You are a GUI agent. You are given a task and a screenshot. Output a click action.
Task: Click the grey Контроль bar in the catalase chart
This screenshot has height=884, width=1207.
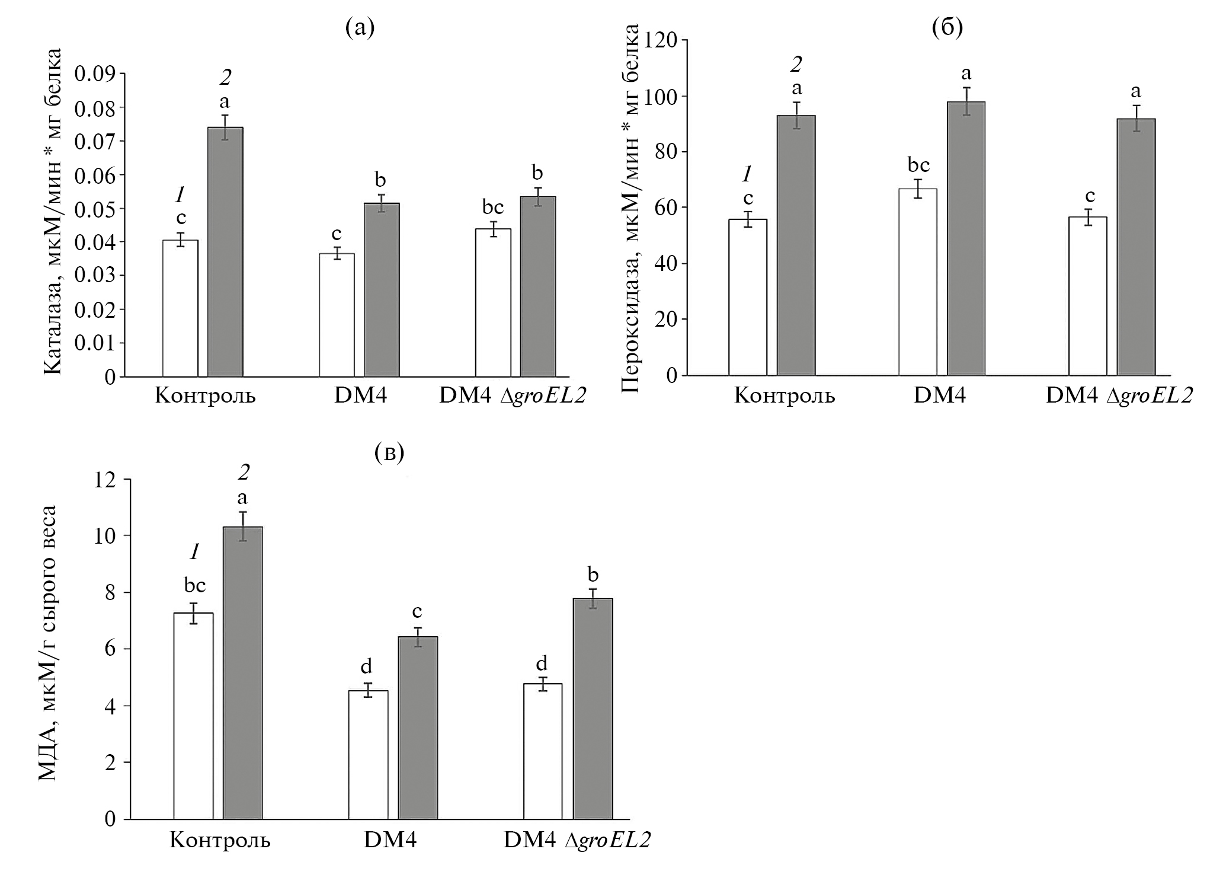click(225, 252)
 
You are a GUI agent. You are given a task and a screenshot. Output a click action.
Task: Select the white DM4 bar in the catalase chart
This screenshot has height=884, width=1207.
click(337, 315)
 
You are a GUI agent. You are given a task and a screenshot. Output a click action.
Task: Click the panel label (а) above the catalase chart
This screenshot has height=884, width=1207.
click(360, 28)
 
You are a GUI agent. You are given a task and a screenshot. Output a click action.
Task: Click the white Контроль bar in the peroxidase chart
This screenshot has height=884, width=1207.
click(748, 297)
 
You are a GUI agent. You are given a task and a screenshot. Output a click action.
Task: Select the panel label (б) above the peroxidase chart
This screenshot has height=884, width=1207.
click(947, 28)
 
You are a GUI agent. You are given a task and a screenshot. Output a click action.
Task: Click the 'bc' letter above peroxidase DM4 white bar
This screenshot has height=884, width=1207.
click(918, 165)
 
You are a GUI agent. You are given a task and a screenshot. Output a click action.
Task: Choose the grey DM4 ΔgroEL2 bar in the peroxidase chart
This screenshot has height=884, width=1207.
click(1136, 247)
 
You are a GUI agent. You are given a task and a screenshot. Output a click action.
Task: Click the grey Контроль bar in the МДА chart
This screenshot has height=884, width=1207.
click(243, 673)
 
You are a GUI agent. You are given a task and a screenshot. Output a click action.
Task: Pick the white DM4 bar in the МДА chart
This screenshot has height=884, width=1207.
click(368, 754)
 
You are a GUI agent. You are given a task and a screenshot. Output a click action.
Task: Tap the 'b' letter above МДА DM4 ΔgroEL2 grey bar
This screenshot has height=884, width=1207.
click(593, 574)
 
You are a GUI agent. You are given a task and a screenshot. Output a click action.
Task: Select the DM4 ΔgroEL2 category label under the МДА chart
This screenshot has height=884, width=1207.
click(577, 840)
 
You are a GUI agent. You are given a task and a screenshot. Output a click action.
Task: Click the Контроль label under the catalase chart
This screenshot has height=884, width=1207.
click(205, 395)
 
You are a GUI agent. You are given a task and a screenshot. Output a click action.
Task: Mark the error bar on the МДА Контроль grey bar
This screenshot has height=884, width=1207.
click(243, 526)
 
